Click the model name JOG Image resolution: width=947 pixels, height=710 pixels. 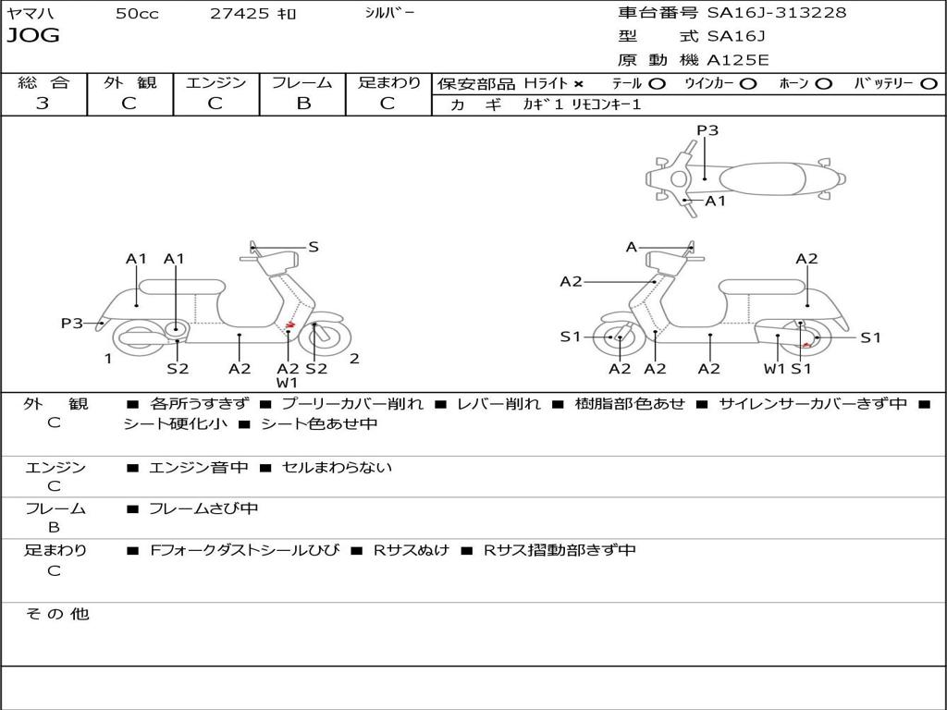click(33, 36)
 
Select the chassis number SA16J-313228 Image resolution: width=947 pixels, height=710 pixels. click(776, 13)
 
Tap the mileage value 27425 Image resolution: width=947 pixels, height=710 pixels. click(240, 14)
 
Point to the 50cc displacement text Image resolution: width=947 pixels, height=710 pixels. click(137, 14)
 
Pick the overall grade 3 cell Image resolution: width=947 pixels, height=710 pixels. click(43, 104)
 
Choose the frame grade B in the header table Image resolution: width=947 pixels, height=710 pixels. click(302, 104)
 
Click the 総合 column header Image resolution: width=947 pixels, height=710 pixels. click(43, 82)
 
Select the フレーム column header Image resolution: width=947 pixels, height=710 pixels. click(302, 82)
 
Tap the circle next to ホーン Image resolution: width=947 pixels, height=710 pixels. click(823, 83)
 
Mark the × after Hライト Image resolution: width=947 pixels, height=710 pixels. click(579, 84)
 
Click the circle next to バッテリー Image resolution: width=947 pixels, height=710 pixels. click(929, 83)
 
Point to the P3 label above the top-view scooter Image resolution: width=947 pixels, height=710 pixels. click(707, 130)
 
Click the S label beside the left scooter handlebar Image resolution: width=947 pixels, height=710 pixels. click(314, 247)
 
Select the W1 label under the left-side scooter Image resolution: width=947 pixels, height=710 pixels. click(287, 383)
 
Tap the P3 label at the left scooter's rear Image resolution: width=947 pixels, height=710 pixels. click(71, 324)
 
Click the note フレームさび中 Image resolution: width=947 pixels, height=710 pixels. click(203, 508)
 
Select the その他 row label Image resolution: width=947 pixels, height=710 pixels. click(56, 614)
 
